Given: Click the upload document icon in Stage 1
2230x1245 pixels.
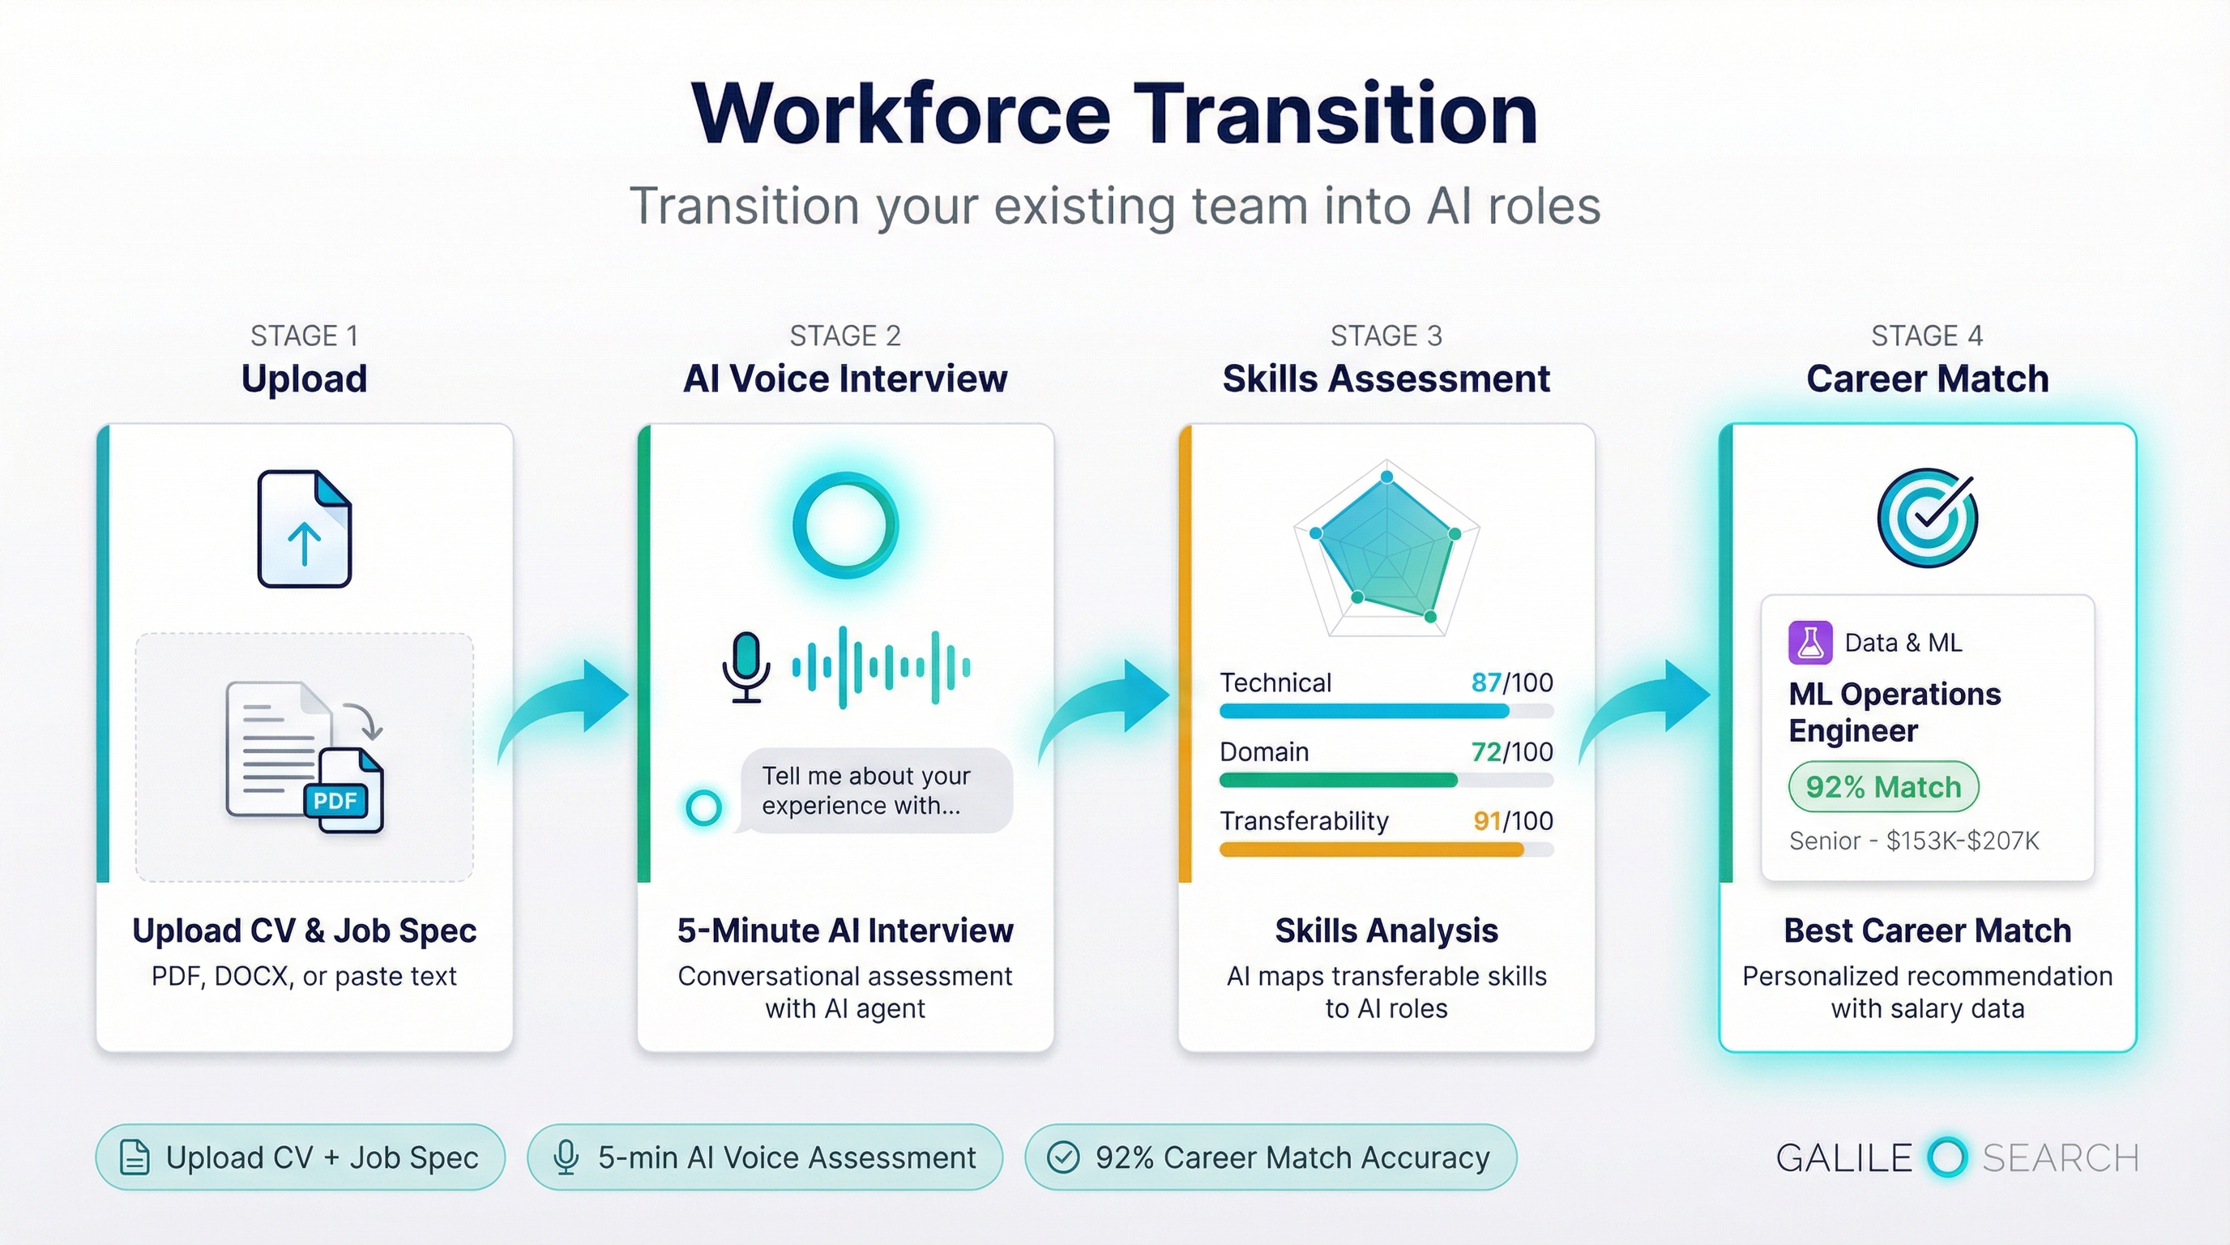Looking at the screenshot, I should coord(304,529).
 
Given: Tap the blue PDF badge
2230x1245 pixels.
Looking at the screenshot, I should coord(335,800).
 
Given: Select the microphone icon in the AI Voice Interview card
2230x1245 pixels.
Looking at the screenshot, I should coord(745,666).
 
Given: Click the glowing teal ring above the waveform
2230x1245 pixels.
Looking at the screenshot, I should coord(845,524).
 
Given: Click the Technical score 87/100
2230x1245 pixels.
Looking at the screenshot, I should coord(1511,682).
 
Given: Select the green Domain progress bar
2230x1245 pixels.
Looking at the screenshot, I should coord(1339,780).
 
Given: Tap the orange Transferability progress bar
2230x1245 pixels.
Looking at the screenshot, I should coord(1371,850).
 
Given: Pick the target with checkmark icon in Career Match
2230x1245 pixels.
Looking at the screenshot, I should coord(1927,518).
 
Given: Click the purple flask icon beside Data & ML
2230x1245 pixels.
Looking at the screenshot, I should coord(1810,643).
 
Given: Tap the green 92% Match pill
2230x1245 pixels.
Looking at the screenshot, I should coord(1883,787).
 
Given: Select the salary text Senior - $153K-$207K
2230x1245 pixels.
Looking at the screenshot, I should coord(1914,841).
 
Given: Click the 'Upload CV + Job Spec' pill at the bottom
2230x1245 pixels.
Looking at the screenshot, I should coord(301,1157).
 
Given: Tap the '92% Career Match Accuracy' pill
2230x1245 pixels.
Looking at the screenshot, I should coord(1270,1157).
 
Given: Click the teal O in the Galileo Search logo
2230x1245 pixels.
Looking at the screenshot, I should coord(1947,1157).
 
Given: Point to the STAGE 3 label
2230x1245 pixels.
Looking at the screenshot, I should coord(1386,336).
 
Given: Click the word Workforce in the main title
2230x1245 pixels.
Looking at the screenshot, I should coord(900,115).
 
